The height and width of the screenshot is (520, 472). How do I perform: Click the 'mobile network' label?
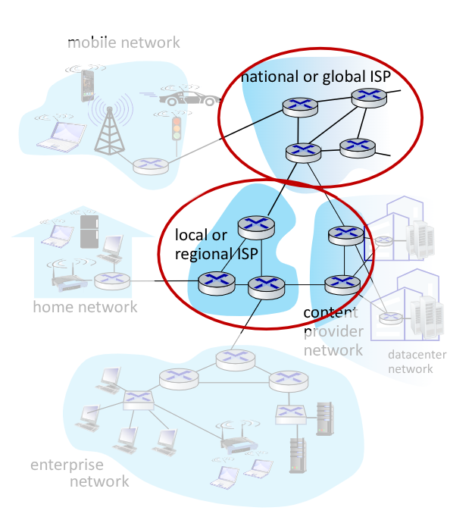(123, 42)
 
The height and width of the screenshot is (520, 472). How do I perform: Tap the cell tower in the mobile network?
(110, 129)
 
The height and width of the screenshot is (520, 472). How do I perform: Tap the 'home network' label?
(85, 307)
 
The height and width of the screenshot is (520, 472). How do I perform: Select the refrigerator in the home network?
(89, 231)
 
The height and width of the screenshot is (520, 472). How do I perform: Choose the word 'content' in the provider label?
(330, 312)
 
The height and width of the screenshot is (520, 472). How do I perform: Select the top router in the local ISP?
(256, 224)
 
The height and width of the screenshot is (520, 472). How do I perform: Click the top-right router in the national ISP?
(369, 96)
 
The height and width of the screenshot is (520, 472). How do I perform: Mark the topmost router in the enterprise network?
(232, 359)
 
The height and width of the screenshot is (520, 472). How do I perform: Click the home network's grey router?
(112, 280)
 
